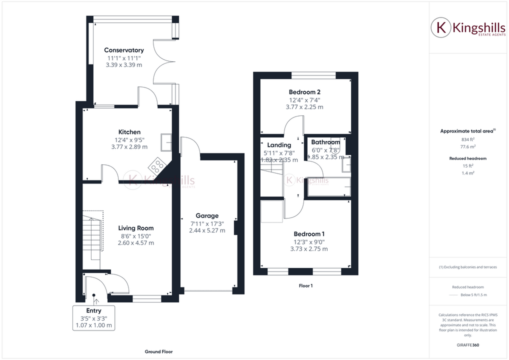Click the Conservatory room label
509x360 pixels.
tap(124, 50)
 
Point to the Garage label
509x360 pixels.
tap(207, 216)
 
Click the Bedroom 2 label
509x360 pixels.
tap(304, 92)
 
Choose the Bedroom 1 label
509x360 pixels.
tap(309, 234)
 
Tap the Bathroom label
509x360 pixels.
tap(325, 142)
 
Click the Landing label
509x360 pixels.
tap(279, 145)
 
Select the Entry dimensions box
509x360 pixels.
tap(94, 318)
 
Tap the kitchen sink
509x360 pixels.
tap(165, 142)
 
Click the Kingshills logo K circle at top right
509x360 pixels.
tap(441, 28)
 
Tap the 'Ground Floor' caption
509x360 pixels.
tap(158, 352)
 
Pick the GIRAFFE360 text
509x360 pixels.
tap(467, 345)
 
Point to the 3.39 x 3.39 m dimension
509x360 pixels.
tap(124, 65)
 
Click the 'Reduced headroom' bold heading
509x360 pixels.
tap(467, 158)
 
